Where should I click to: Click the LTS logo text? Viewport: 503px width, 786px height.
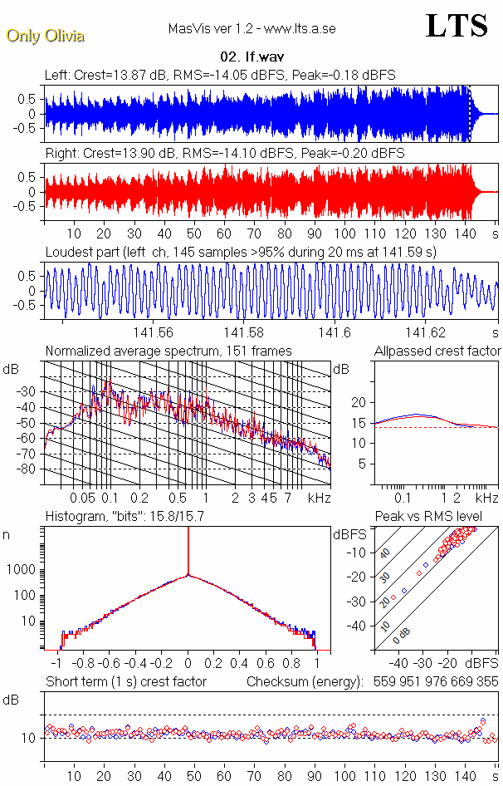click(457, 26)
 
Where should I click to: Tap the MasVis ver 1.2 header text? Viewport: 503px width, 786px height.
click(251, 29)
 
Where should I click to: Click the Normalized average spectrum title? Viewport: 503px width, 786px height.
click(168, 351)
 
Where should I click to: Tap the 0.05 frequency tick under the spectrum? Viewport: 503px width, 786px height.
click(82, 498)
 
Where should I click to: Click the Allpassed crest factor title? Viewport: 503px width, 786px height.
click(437, 351)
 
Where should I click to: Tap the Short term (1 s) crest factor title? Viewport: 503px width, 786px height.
click(125, 682)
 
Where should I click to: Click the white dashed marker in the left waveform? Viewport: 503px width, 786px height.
click(469, 113)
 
